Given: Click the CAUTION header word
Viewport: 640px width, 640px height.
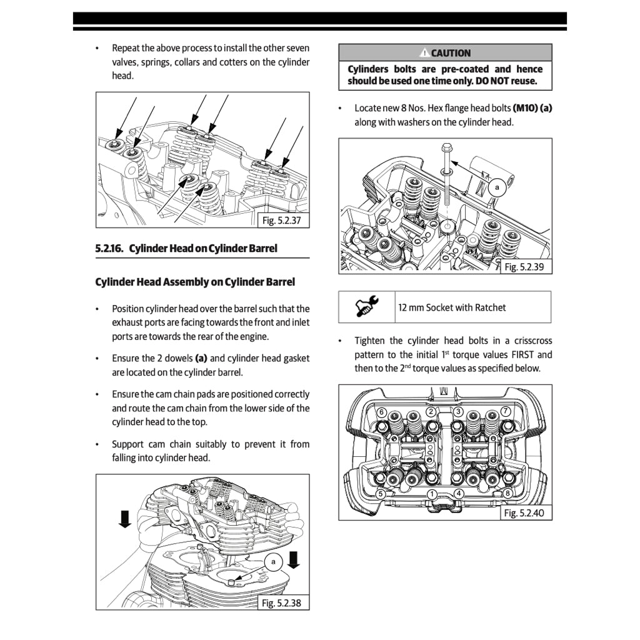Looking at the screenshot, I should [450, 53].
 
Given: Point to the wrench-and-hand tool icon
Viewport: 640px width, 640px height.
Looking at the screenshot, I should [367, 307].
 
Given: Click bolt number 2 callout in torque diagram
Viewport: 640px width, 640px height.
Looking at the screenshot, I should [431, 411].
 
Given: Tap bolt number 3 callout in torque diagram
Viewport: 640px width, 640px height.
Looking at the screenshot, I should [458, 411].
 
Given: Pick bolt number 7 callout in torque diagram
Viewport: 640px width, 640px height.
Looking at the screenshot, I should [506, 411].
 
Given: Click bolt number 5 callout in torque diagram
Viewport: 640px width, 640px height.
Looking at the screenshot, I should [381, 494].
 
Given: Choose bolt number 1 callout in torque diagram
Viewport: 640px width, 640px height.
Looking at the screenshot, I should [431, 494].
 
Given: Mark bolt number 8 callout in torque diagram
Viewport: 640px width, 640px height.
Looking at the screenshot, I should [507, 494].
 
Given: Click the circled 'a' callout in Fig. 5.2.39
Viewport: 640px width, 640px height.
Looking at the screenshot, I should [497, 187].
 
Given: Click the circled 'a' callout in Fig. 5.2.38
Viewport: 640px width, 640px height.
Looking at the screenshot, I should [273, 562].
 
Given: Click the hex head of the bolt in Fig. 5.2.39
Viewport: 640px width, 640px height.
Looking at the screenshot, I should [446, 149].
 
